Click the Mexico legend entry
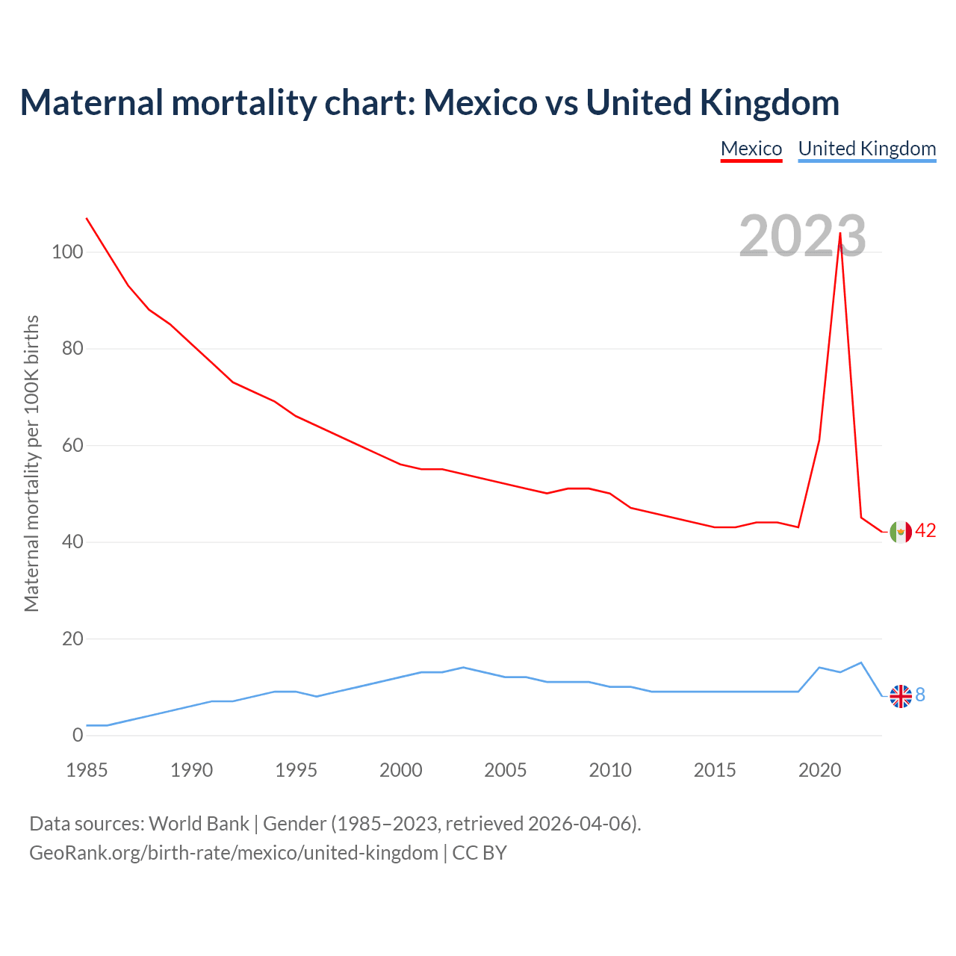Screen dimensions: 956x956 (751, 149)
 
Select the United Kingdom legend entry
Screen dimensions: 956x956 (867, 149)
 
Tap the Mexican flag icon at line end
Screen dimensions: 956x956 (901, 531)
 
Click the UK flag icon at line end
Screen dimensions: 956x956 (901, 696)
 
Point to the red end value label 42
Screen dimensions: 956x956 (925, 530)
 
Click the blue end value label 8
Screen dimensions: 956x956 (920, 695)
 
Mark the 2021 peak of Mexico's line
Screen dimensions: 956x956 (840, 233)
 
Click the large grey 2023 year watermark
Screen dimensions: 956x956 (802, 236)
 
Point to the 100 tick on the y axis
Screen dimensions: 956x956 (67, 252)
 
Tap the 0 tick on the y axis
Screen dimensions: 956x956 (78, 736)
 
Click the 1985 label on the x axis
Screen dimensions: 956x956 (87, 770)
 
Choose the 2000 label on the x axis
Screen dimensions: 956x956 (401, 770)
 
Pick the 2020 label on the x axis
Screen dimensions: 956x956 (819, 770)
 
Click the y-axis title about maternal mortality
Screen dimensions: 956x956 (31, 463)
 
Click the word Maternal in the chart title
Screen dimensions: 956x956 (91, 102)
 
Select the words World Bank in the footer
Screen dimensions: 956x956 (199, 824)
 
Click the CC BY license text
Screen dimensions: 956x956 (479, 853)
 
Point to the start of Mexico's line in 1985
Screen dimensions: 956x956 (87, 218)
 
